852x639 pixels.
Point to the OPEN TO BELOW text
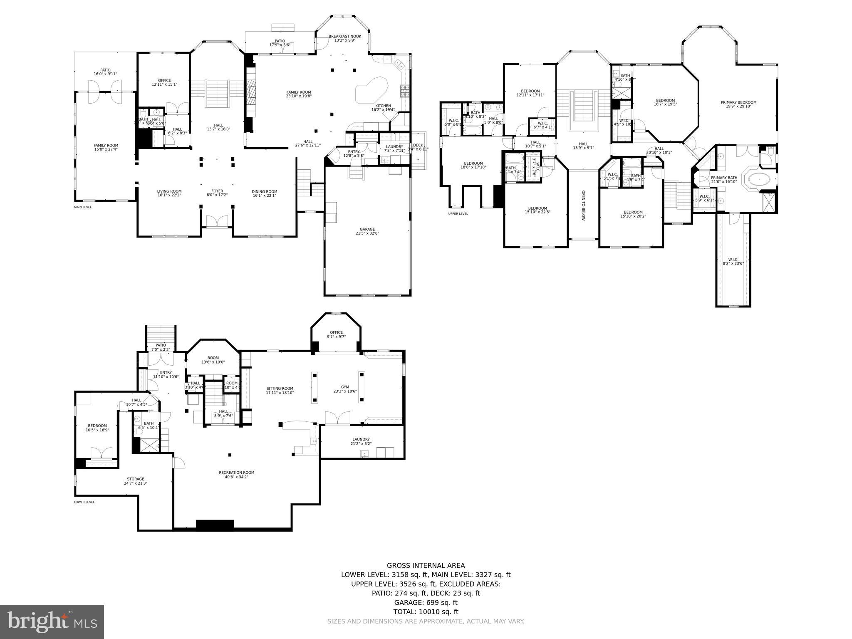[x=583, y=206]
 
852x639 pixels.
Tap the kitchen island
[x=372, y=89]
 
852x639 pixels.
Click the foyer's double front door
[x=217, y=221]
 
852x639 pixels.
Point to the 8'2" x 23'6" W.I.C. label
[x=733, y=261]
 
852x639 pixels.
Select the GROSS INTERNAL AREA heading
[x=426, y=565]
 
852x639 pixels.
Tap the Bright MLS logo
[x=52, y=622]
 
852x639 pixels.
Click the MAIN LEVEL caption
[x=83, y=207]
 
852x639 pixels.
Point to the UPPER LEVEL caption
[x=458, y=214]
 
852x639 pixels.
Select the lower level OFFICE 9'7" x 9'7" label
[x=336, y=334]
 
